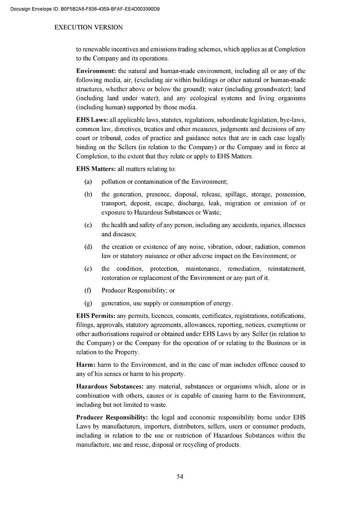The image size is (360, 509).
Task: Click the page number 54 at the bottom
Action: click(180, 476)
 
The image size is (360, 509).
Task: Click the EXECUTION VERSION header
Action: click(89, 27)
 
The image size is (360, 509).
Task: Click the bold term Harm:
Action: click(86, 364)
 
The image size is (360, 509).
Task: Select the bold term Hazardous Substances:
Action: click(110, 386)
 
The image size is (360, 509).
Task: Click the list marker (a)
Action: click(88, 182)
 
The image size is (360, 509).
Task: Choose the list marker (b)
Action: click(88, 194)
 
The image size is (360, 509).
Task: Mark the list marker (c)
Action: click(88, 225)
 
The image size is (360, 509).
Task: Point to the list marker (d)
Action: click(88, 247)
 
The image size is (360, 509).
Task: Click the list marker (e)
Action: click(88, 269)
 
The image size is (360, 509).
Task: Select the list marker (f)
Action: click(88, 291)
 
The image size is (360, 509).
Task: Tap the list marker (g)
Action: click(88, 303)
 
